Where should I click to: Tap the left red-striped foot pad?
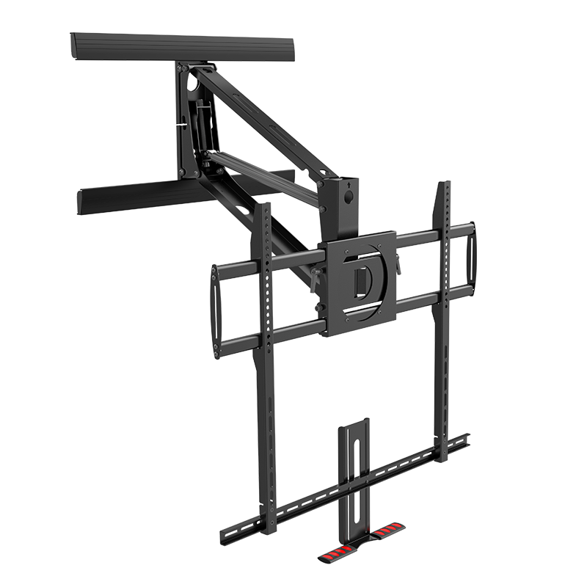(335, 555)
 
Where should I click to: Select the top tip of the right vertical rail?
(445, 185)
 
